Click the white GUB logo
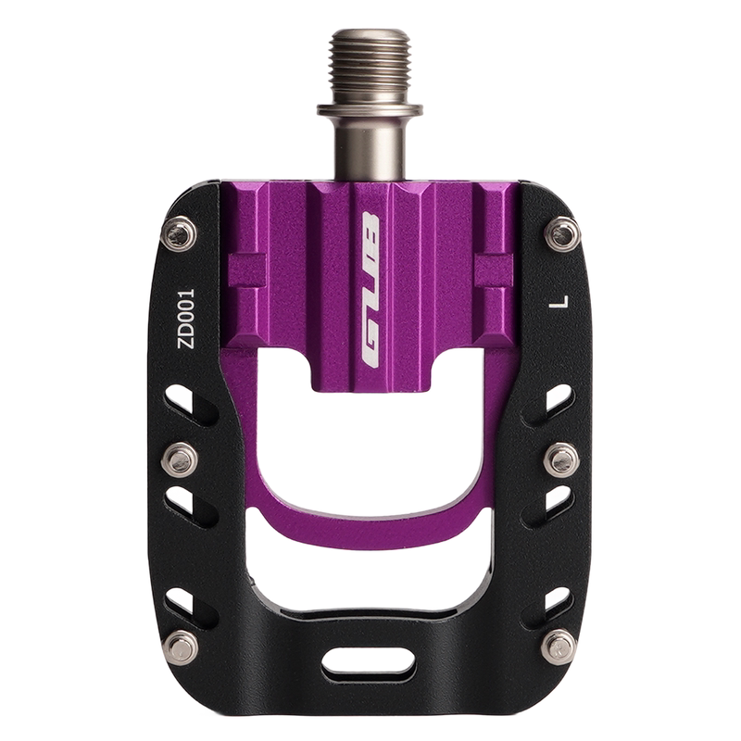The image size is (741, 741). [370, 291]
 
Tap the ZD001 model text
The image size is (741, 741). [186, 319]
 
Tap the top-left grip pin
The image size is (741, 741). [178, 233]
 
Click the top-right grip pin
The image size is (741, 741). [562, 234]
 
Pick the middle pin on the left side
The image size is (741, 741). [179, 459]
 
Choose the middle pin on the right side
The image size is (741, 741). [561, 459]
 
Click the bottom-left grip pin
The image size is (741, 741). [182, 647]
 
